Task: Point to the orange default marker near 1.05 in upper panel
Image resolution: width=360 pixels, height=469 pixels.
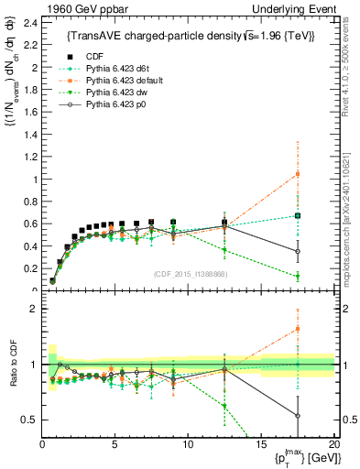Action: tap(297, 174)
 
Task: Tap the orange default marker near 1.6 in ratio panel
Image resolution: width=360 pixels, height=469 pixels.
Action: tap(297, 330)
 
